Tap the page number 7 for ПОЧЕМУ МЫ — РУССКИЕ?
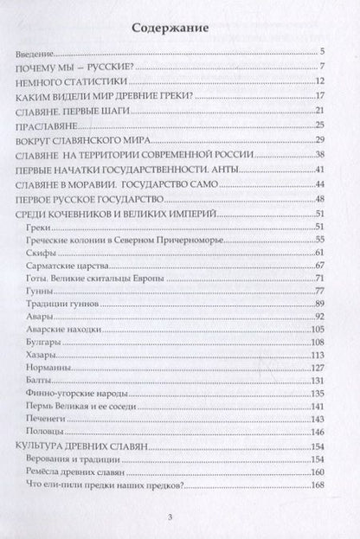[321, 67]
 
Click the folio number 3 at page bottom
[179, 518]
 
